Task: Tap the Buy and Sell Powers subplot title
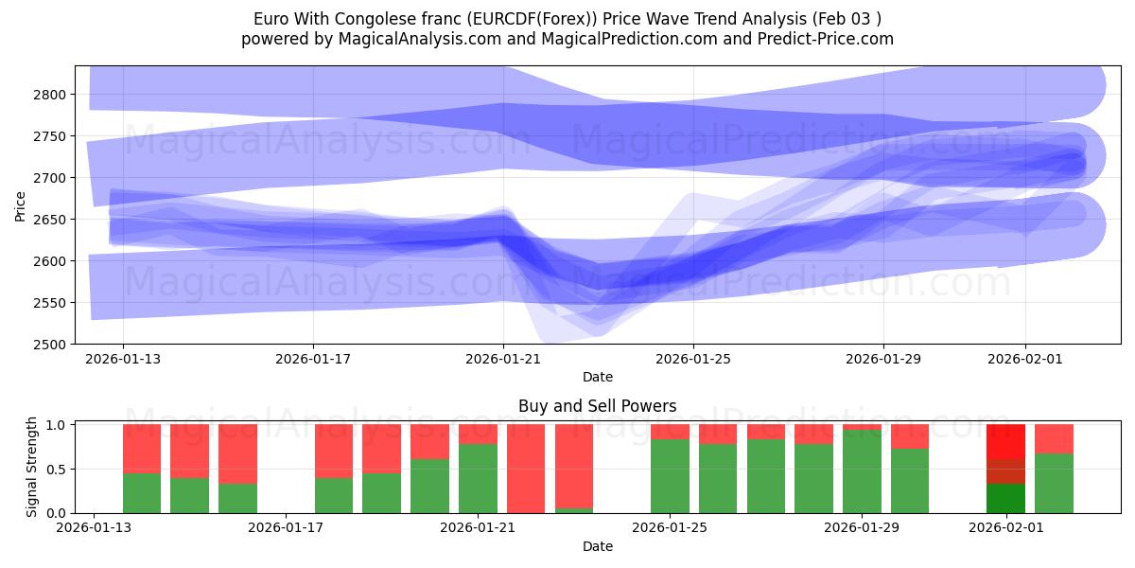597,406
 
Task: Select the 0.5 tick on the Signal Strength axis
55,470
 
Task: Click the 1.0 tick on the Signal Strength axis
55,425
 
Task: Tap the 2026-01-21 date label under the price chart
503,360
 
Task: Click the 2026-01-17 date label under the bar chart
286,528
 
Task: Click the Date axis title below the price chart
597,377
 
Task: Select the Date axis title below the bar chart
597,546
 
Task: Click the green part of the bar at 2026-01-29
862,471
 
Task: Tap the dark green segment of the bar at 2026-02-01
1005,498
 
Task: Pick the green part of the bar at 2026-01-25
670,476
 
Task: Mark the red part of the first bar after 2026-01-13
142,448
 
